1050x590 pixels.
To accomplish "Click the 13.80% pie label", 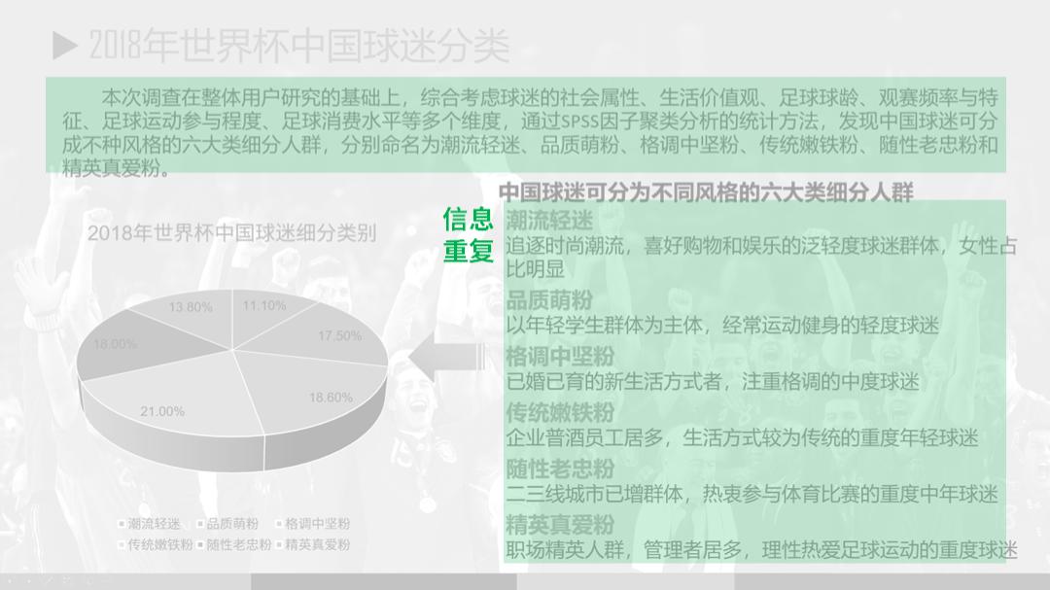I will tap(191, 307).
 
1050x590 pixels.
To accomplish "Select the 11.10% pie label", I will tap(264, 305).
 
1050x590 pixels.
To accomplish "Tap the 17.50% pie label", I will tap(339, 336).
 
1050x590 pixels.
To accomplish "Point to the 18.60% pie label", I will tap(331, 398).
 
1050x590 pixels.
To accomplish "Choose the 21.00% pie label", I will tap(162, 411).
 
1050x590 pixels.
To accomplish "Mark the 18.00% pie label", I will tap(115, 344).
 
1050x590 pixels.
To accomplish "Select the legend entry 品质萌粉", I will tap(231, 524).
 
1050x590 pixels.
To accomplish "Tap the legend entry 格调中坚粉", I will tap(317, 524).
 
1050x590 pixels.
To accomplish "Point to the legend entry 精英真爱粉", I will tap(317, 545).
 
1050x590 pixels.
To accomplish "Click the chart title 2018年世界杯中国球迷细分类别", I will tap(231, 233).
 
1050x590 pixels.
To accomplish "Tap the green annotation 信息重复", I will tap(469, 234).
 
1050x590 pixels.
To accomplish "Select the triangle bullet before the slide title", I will tap(65, 44).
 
